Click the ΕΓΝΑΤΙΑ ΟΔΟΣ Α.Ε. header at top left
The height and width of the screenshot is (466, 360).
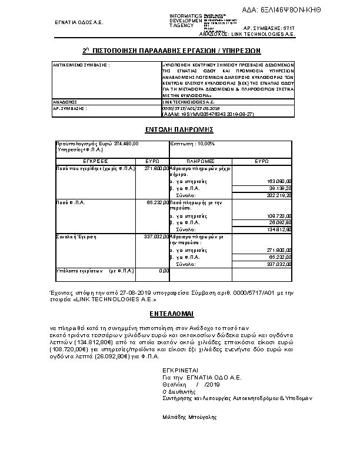[x=79, y=23]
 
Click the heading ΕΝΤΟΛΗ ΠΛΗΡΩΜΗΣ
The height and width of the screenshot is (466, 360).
[x=179, y=129]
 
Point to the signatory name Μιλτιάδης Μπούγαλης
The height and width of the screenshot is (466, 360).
[x=189, y=417]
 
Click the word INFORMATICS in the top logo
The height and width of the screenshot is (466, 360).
[x=185, y=15]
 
